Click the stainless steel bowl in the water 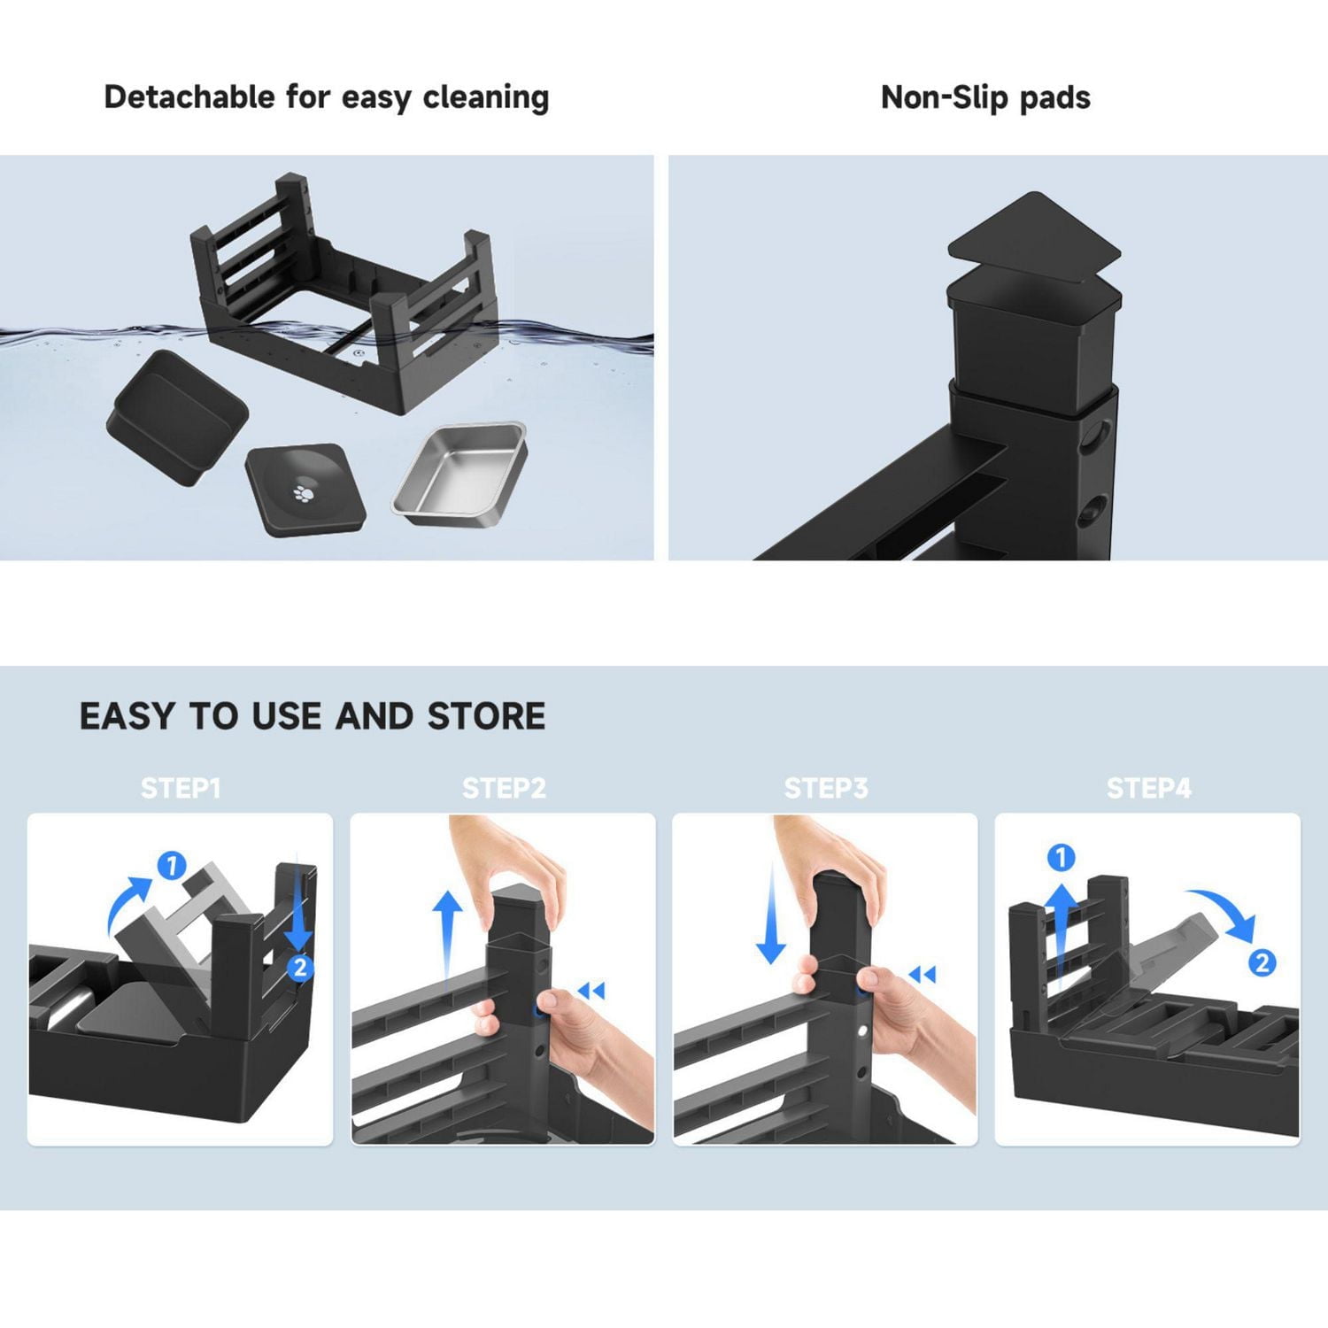[460, 474]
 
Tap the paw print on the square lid [304, 491]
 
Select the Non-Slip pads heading [985, 97]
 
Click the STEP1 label [181, 787]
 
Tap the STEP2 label [504, 787]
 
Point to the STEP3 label [826, 787]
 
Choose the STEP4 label [1148, 787]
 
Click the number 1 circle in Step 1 [172, 865]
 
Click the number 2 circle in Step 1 [300, 967]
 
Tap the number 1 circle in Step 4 [1061, 857]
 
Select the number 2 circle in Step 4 [1262, 961]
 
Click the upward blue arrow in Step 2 [448, 938]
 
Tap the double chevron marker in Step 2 [591, 991]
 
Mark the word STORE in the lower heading [486, 715]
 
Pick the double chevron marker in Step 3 [923, 975]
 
